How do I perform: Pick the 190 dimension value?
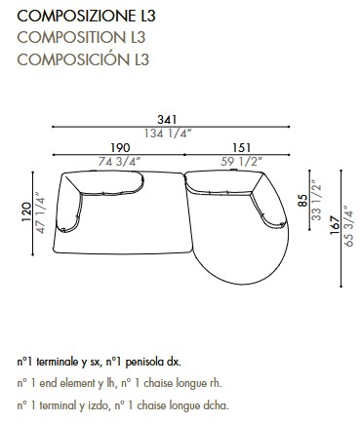click(x=119, y=149)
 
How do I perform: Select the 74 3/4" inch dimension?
click(x=119, y=163)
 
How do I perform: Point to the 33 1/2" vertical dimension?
click(x=315, y=202)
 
